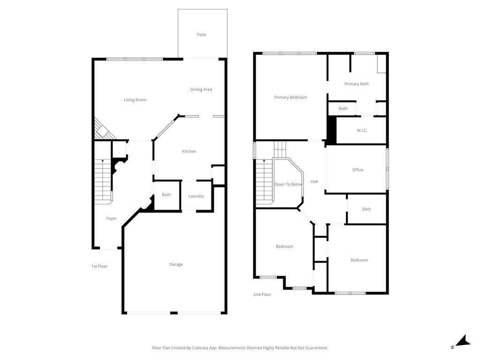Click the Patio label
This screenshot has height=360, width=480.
coord(202,35)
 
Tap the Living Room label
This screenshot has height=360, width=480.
coord(135,100)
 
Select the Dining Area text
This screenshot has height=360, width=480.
coord(201,90)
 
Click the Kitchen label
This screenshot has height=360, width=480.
coord(189,151)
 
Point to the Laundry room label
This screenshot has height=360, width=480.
coord(196,196)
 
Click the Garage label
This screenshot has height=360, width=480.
coord(176,264)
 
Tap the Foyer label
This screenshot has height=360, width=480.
coord(112,218)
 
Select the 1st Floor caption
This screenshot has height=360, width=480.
coord(99,266)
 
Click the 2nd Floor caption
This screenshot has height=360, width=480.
coord(262,294)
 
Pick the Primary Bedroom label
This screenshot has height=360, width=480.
coord(291,97)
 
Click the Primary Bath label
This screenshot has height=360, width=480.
coord(356,84)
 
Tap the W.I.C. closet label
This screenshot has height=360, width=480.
coord(362,130)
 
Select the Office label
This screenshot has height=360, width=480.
coord(358,170)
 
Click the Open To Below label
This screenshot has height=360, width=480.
coord(288,184)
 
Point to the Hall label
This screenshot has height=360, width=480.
coord(315,181)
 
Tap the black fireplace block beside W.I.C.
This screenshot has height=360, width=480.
coord(331,130)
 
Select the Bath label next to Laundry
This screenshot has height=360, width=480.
coord(166,195)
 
